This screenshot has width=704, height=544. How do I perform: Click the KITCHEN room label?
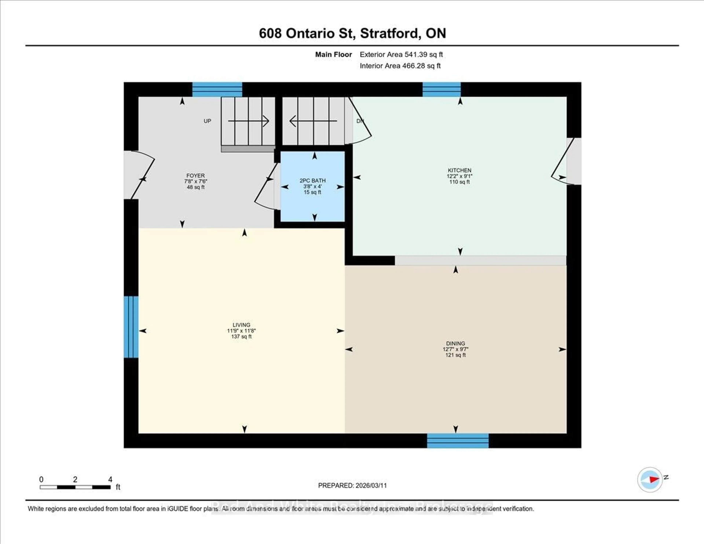[459, 170]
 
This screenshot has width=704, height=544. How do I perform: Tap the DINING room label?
[455, 343]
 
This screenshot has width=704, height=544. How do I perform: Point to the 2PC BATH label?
[312, 181]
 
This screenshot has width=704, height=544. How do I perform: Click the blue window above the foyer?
[217, 89]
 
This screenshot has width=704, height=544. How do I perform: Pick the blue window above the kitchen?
[441, 89]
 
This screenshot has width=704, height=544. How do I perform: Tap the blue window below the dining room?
[458, 441]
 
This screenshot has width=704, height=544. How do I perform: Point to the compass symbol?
[650, 479]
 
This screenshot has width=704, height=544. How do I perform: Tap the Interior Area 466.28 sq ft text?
[400, 66]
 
